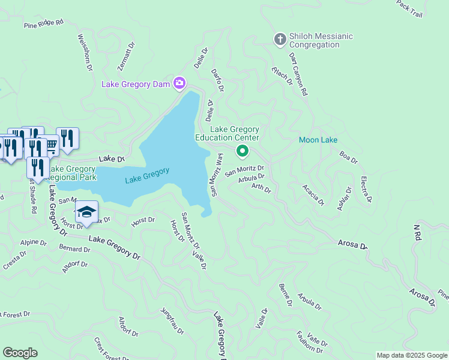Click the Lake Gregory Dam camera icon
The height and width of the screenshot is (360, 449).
tap(179, 83)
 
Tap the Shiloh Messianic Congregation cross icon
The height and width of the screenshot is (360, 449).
tap(279, 40)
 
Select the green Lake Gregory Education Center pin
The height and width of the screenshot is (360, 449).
tap(243, 151)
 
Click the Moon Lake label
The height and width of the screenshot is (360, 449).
tap(318, 140)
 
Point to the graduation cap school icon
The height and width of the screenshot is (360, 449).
tap(86, 212)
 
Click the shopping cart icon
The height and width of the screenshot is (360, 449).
tap(52, 143)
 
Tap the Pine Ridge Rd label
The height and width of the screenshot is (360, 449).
tap(43, 24)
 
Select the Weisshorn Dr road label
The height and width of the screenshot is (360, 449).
tap(85, 52)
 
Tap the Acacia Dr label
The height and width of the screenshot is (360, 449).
tap(313, 194)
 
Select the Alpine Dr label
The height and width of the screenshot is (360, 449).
tap(34, 243)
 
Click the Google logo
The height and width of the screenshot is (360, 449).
tap(20, 353)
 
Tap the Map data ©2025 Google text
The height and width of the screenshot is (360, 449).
tap(412, 355)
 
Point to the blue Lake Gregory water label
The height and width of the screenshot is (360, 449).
tap(147, 175)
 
